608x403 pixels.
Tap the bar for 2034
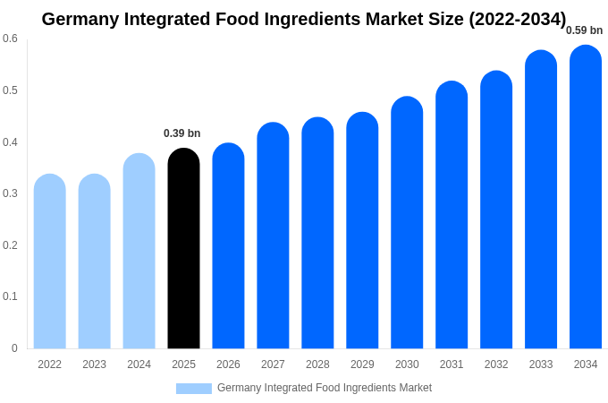click(586, 197)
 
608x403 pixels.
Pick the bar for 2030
click(407, 223)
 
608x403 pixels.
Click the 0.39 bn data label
click(182, 133)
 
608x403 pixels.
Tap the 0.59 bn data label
click(584, 30)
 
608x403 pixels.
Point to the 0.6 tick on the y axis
click(10, 39)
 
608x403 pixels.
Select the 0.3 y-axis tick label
click(10, 193)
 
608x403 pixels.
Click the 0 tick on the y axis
click(14, 348)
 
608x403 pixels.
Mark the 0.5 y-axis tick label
click(10, 90)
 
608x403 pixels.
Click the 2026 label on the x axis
click(228, 364)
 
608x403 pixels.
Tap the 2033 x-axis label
click(541, 364)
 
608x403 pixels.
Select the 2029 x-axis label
click(362, 364)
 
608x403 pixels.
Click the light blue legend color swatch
click(194, 389)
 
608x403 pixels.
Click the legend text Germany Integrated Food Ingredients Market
click(325, 388)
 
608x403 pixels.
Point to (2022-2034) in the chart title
click(518, 19)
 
